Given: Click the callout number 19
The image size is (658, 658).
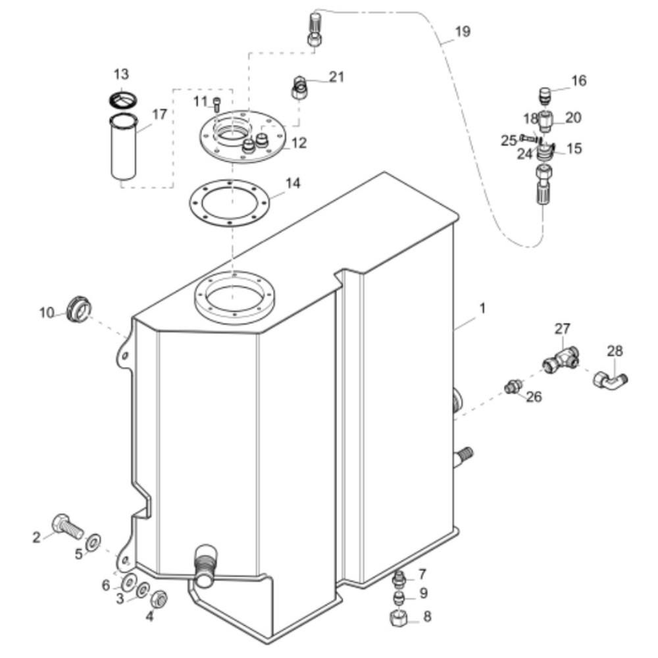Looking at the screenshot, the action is [x=463, y=32].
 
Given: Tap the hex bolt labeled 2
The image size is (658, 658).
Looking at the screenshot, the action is [x=68, y=525].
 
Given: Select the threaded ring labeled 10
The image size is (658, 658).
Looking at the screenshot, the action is [x=79, y=310].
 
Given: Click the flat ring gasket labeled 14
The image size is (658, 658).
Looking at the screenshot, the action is [x=228, y=203].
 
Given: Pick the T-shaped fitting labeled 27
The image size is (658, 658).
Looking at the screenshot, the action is [x=561, y=361].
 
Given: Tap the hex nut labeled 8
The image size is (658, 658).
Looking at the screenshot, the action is [x=398, y=618].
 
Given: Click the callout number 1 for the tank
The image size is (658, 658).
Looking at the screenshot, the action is [x=482, y=309].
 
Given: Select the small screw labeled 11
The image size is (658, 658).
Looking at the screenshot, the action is [x=217, y=104].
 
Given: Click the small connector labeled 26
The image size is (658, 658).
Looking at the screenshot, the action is [x=513, y=386].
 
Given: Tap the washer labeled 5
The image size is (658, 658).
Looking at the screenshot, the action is [x=93, y=542].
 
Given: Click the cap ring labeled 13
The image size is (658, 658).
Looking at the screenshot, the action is [x=122, y=101].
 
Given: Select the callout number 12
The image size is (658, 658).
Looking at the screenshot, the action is [x=299, y=143].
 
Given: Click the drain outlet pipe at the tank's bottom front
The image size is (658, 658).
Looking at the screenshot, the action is [x=205, y=565].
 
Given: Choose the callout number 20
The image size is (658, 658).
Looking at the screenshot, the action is [x=573, y=118].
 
